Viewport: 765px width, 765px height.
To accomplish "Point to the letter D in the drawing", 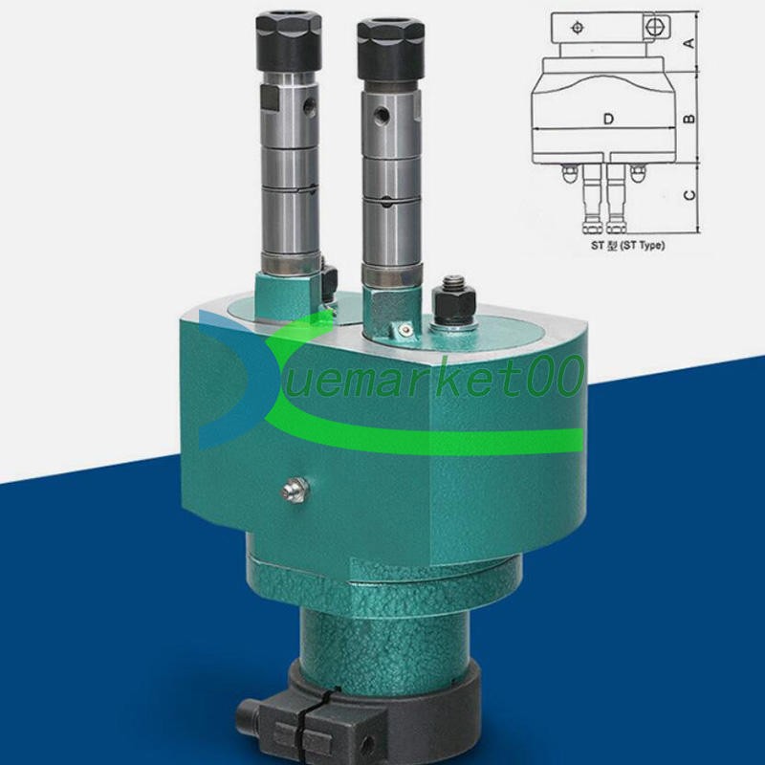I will point(608,120).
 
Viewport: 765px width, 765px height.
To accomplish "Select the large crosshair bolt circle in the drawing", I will point(654,29).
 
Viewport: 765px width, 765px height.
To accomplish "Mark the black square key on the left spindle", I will point(272,98).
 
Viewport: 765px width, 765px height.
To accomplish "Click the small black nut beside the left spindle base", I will point(330,278).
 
